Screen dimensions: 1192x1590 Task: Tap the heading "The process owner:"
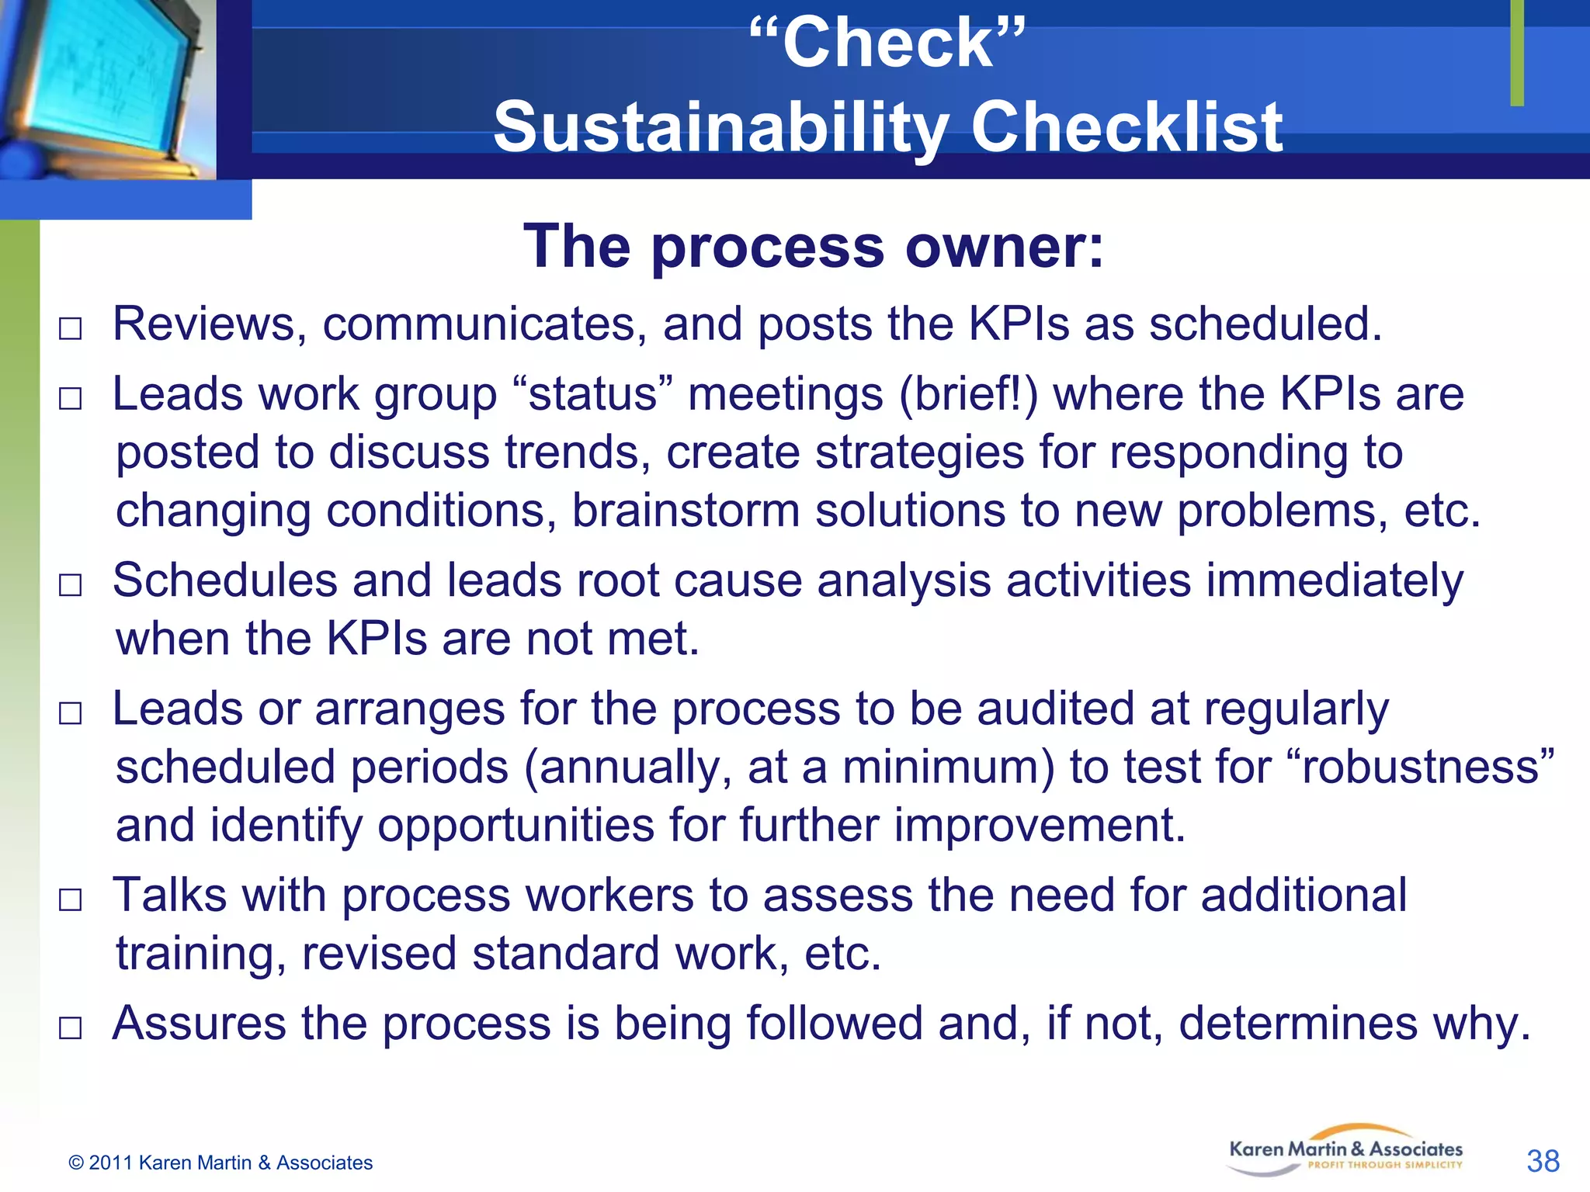pos(813,246)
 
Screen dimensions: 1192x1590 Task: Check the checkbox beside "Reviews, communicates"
pos(70,328)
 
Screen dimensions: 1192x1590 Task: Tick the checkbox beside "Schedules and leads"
pos(70,585)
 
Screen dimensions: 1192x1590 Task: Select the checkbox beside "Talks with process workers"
pos(70,899)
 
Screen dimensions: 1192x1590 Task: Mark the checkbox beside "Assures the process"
pos(70,1028)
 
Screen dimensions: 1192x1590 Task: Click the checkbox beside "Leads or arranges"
pos(70,713)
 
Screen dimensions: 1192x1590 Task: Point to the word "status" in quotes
pos(593,394)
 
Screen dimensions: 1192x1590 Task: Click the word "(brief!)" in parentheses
pos(968,394)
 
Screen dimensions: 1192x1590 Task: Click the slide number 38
pos(1542,1161)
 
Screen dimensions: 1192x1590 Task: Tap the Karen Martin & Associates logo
pos(1345,1152)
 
